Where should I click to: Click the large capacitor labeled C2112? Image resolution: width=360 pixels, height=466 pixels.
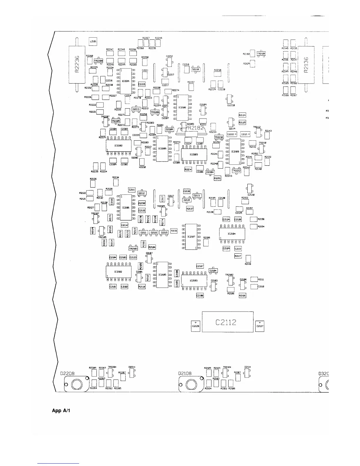pyautogui.click(x=227, y=322)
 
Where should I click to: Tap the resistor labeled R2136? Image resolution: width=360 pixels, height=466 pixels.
pyautogui.click(x=306, y=65)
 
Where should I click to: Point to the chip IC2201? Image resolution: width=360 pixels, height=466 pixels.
pyautogui.click(x=126, y=81)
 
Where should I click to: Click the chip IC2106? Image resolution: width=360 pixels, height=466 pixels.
pyautogui.click(x=183, y=108)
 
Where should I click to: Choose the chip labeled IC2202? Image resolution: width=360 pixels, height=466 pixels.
pyautogui.click(x=118, y=145)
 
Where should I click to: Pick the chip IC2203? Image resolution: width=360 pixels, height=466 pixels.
pyautogui.click(x=194, y=154)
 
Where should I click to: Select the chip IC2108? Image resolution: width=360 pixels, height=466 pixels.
pyautogui.click(x=235, y=152)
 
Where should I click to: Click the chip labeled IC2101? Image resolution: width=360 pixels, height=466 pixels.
pyautogui.click(x=126, y=207)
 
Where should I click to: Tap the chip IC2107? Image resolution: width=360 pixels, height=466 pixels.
pyautogui.click(x=191, y=237)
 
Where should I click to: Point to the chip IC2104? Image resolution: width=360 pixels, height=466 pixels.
pyautogui.click(x=232, y=234)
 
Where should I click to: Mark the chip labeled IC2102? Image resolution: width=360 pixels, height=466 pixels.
pyautogui.click(x=118, y=272)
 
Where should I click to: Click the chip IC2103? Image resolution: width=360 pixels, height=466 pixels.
pyautogui.click(x=194, y=280)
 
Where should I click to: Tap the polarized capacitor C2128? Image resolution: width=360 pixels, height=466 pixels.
pyautogui.click(x=196, y=326)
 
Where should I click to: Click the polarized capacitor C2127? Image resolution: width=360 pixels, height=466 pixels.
pyautogui.click(x=260, y=326)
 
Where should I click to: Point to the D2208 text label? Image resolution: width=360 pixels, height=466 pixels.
pyautogui.click(x=67, y=373)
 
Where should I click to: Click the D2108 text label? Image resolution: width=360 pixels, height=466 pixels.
pyautogui.click(x=185, y=373)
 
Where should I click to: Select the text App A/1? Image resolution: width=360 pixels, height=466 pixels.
pyautogui.click(x=61, y=410)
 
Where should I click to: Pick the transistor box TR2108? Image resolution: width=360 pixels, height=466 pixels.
pyautogui.click(x=261, y=54)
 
